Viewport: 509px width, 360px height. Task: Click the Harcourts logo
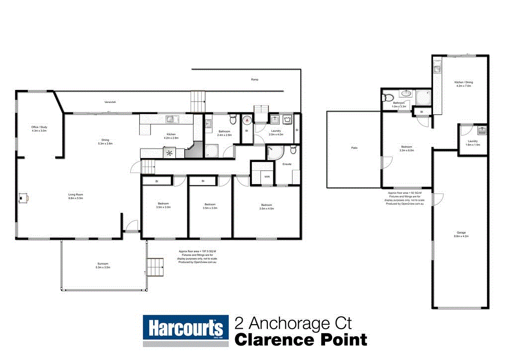[185, 330]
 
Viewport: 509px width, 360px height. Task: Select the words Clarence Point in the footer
[301, 340]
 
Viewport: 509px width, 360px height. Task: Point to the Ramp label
[254, 80]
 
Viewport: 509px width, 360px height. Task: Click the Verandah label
[110, 102]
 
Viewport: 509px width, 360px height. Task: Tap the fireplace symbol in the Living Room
[23, 198]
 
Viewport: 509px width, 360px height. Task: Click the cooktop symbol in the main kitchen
[170, 153]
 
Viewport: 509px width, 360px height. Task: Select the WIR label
[266, 176]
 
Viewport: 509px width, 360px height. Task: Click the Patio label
[354, 148]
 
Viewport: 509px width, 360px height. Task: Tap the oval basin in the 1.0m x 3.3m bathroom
[406, 93]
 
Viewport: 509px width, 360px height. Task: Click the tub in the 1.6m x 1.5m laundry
[481, 131]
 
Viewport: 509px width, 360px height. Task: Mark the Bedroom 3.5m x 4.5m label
[266, 206]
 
